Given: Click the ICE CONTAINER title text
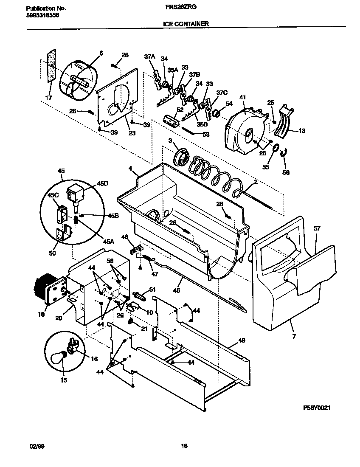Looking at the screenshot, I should (x=186, y=24).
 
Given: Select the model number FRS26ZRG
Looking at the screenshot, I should (x=186, y=8).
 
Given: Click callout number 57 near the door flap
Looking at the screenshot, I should (x=317, y=228).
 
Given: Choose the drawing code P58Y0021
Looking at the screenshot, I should (x=317, y=408).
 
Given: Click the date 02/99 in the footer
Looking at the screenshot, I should (x=37, y=446).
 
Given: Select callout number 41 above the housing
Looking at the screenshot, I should (x=243, y=98).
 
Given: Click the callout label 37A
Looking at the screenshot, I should (x=149, y=56).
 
